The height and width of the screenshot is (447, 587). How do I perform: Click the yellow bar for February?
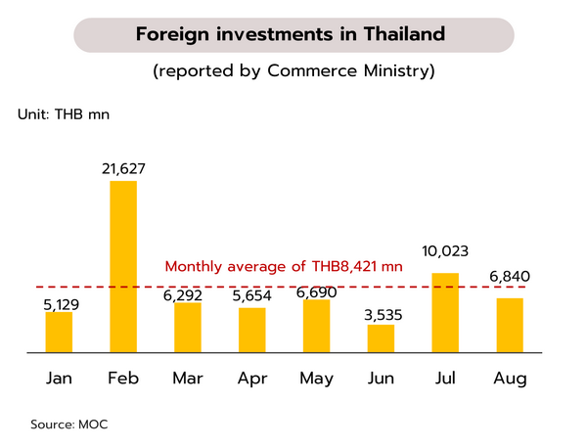click(123, 266)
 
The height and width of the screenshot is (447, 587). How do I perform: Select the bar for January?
click(59, 332)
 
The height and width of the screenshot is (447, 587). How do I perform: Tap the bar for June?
click(382, 337)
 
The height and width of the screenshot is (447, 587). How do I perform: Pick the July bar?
click(446, 312)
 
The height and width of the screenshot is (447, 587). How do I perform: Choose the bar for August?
click(510, 324)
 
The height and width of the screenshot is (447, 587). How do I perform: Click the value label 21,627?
click(123, 169)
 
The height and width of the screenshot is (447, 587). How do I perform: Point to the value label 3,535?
click(382, 314)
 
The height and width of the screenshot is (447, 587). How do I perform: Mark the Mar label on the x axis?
click(188, 379)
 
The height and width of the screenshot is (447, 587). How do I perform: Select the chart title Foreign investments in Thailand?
click(291, 34)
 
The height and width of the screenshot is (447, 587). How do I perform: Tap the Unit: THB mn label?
click(64, 114)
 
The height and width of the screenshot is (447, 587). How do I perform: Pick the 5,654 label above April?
click(252, 297)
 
